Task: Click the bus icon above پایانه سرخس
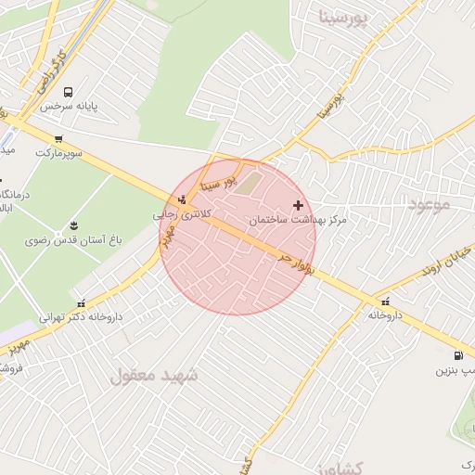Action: tap(68, 92)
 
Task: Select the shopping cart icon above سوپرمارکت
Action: tap(59, 139)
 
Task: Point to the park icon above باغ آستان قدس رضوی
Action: tap(73, 225)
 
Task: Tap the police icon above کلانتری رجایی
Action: tap(182, 199)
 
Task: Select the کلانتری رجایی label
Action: tap(178, 213)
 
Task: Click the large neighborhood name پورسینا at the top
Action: tap(356, 17)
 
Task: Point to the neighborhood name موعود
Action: tap(427, 204)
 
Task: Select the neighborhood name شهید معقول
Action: tap(155, 375)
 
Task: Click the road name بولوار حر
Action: tap(297, 259)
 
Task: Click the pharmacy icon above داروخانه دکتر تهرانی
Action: tap(82, 302)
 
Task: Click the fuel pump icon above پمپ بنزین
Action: tap(457, 355)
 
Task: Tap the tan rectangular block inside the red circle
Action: tap(251, 182)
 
